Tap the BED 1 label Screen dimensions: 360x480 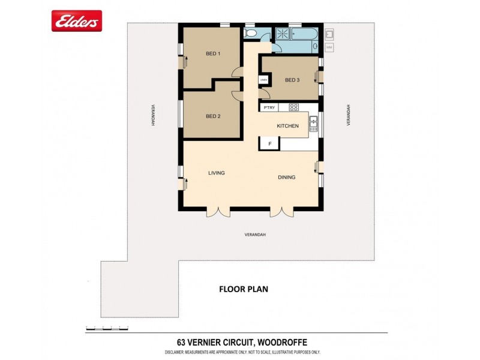click(x=213, y=54)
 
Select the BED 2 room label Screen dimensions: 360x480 click(x=213, y=116)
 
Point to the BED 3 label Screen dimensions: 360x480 click(x=292, y=80)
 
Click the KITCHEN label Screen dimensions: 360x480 click(x=287, y=126)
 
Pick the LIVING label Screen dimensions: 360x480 click(x=216, y=173)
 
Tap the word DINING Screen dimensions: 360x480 click(x=287, y=177)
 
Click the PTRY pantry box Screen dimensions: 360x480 click(x=269, y=107)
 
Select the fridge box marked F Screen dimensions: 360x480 click(x=270, y=144)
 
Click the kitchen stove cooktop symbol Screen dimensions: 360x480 click(x=293, y=107)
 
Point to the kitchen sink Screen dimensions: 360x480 click(x=313, y=124)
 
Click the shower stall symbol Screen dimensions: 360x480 click(x=282, y=34)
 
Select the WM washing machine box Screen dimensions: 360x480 click(x=329, y=47)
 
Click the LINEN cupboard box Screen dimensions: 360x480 click(x=263, y=79)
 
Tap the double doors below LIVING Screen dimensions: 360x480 click(x=218, y=211)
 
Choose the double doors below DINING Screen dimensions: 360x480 click(x=281, y=211)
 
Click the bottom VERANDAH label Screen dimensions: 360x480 click(x=255, y=235)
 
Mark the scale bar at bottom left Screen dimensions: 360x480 click(x=107, y=328)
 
